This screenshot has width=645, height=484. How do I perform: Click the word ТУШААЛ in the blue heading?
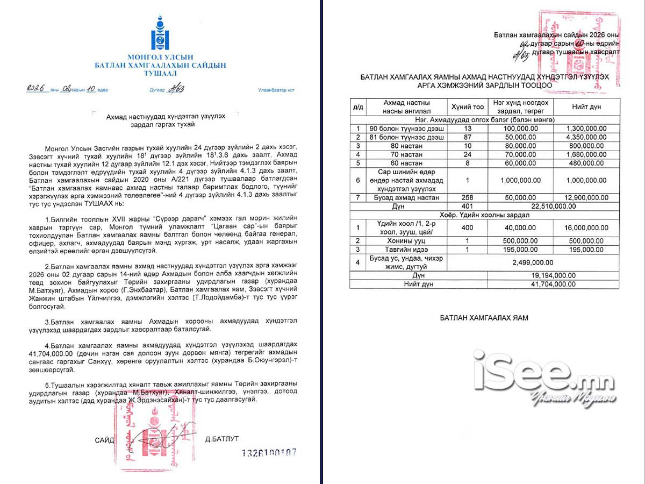pyautogui.click(x=160, y=73)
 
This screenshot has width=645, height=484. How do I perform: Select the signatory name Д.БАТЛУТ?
pyautogui.click(x=222, y=439)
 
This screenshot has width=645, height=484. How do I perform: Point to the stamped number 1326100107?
pyautogui.click(x=269, y=453)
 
